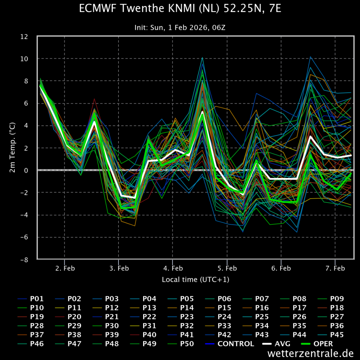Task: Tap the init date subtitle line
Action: point(180,27)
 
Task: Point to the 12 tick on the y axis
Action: point(29,36)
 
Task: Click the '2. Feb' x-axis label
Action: point(64,269)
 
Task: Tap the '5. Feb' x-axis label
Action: point(227,269)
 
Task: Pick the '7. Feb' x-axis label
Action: point(335,269)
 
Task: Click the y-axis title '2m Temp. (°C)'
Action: point(12,148)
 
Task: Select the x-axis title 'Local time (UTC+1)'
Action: point(195,279)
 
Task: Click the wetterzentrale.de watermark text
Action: point(310,353)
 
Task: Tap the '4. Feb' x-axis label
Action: point(173,269)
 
